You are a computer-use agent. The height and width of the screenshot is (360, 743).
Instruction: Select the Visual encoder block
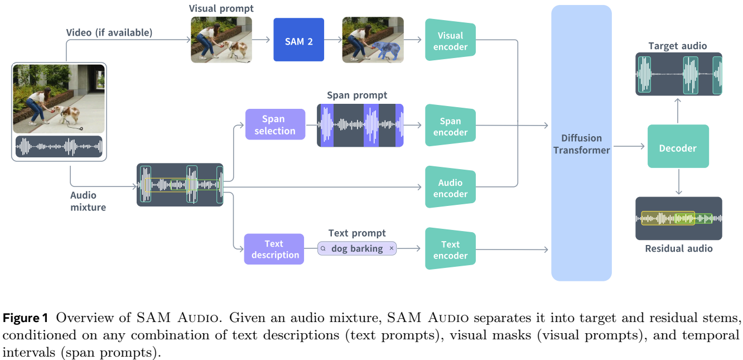(450, 40)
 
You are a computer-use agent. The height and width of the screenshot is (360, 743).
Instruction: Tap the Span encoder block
(450, 126)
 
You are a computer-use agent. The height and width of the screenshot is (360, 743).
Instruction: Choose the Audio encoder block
(450, 188)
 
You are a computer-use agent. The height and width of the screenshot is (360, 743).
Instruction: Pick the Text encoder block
(450, 249)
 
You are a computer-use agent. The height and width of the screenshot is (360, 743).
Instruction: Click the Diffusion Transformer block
(581, 143)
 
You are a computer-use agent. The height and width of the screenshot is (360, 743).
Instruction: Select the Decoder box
(678, 147)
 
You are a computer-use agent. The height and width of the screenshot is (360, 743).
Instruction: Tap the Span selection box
(275, 124)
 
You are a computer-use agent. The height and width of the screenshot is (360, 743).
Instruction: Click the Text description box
(274, 249)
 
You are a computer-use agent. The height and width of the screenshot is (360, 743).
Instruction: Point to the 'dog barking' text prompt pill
(357, 248)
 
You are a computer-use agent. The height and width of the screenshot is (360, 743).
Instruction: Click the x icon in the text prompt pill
(392, 248)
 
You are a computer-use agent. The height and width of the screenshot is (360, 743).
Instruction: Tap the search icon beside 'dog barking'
(324, 248)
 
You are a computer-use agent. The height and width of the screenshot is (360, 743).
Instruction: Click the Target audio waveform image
(679, 74)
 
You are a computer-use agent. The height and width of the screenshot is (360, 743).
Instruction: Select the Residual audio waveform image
(679, 218)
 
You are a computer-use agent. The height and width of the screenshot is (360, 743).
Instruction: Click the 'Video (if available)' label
(109, 32)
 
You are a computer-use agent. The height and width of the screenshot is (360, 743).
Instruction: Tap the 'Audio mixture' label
(88, 201)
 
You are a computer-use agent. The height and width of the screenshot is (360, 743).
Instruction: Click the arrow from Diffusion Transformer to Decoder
(629, 147)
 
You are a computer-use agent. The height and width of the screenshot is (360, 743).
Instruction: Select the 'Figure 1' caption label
(26, 318)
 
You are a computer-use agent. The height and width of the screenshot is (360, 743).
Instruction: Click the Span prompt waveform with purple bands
(360, 125)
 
